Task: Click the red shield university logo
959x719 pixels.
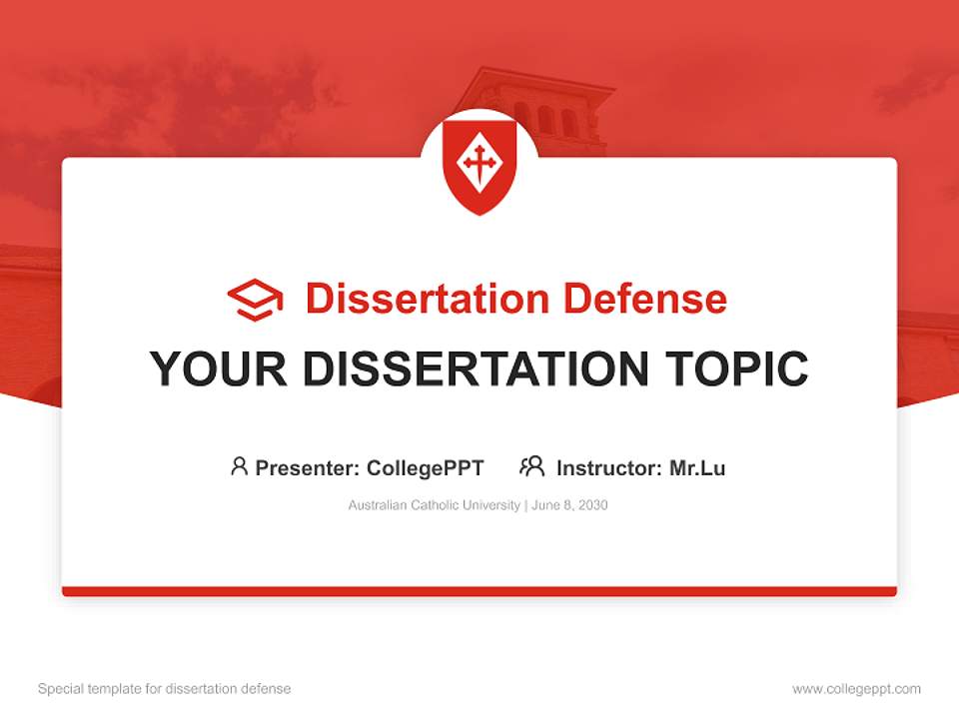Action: [x=479, y=167]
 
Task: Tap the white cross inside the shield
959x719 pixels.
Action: [x=479, y=164]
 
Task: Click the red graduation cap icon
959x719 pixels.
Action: [x=255, y=300]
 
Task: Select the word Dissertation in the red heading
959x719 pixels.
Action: [x=428, y=299]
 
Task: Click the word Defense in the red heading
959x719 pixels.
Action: [x=645, y=299]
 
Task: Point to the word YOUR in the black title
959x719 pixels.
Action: [x=219, y=368]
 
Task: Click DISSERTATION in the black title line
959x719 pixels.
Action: [x=476, y=368]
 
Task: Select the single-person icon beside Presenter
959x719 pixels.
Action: [x=239, y=466]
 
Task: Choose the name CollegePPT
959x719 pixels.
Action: [x=426, y=468]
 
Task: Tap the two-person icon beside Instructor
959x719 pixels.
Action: [x=532, y=466]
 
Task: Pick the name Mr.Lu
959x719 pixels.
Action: [x=697, y=468]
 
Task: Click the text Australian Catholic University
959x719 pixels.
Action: [x=435, y=505]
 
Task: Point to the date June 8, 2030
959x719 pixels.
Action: [x=569, y=505]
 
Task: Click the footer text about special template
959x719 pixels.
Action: [x=165, y=689]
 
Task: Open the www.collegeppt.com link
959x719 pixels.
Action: [x=856, y=689]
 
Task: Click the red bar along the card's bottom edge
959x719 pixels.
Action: [x=479, y=591]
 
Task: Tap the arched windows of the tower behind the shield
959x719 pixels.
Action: [x=546, y=119]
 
